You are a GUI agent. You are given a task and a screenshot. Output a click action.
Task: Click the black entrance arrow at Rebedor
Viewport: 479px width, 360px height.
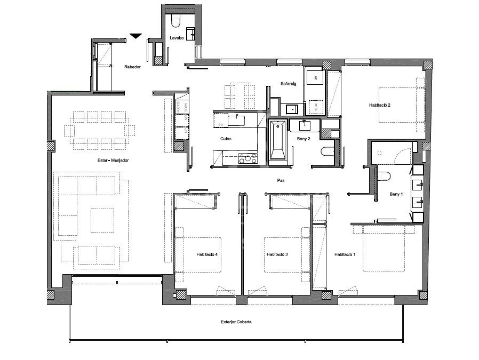(x=136, y=36)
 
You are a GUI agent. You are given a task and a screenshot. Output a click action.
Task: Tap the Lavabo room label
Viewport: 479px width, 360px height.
(x=177, y=38)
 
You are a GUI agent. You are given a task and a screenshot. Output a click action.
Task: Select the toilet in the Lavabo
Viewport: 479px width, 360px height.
(x=176, y=21)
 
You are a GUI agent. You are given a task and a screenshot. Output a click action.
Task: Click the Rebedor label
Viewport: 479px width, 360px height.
(x=132, y=67)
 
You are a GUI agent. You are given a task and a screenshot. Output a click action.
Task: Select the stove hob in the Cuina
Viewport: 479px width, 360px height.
(x=248, y=158)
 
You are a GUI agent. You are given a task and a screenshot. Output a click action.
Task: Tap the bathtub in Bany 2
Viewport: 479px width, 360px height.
(x=277, y=140)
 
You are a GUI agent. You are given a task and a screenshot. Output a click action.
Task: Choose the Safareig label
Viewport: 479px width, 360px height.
(x=290, y=84)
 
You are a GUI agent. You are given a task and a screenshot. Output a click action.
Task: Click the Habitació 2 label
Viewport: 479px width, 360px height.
(x=379, y=105)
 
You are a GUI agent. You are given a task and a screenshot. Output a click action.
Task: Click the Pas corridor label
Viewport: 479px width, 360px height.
(x=280, y=180)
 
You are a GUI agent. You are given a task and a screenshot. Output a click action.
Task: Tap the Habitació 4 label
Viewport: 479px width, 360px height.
(x=206, y=255)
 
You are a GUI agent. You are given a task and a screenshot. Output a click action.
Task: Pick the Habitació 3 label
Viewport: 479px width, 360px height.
(x=277, y=255)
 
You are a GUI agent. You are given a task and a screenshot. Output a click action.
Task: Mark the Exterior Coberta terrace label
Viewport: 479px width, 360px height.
(x=236, y=322)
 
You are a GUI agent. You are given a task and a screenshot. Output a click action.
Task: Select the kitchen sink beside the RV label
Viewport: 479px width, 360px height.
(x=236, y=120)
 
